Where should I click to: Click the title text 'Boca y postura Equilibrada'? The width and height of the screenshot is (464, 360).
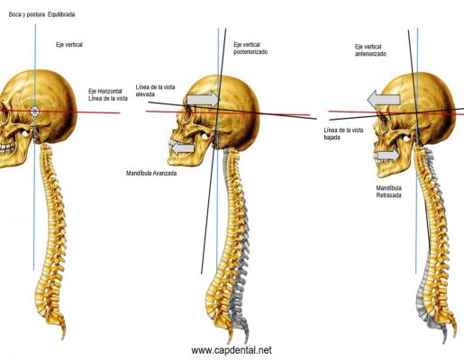coord(41,14)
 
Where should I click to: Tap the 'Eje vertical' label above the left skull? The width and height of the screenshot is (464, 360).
coord(69,45)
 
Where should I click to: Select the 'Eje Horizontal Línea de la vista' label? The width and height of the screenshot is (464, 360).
coord(108,94)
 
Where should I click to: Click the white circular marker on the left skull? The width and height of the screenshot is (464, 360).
coord(35,112)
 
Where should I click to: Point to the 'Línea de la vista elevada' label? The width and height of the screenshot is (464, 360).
coord(155,91)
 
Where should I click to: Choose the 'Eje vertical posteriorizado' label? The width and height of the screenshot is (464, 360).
coord(250,49)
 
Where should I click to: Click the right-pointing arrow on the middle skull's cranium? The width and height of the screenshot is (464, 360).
coord(203,100)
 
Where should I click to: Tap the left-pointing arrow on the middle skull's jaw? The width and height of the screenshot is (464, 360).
coord(183,148)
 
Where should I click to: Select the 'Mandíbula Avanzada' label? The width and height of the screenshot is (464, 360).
coord(151,174)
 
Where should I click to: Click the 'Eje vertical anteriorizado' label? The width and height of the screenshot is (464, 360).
coord(370,50)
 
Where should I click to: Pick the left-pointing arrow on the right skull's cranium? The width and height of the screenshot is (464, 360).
coord(384,100)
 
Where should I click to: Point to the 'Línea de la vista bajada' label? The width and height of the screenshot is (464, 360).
coord(343,134)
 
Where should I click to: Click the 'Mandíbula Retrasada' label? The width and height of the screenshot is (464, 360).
coord(389,192)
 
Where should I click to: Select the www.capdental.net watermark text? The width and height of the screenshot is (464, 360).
coord(232,350)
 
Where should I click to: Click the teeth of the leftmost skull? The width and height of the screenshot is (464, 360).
coord(6,148)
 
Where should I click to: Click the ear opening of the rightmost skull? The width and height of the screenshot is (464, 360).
coord(407,138)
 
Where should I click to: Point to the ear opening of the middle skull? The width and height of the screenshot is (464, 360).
coord(205,136)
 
